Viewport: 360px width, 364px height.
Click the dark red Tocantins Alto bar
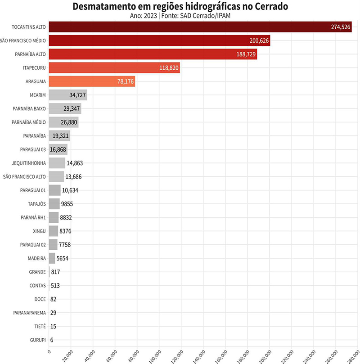[x=198, y=27]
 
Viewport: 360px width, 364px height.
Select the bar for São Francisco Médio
[x=157, y=41]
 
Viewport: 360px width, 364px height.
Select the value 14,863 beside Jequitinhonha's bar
[x=75, y=163]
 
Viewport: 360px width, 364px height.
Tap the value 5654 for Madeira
[x=63, y=258]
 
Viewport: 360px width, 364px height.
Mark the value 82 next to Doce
[x=54, y=299]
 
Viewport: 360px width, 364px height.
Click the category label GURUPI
[x=37, y=340]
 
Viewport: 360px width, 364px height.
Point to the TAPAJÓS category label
[x=37, y=204]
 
